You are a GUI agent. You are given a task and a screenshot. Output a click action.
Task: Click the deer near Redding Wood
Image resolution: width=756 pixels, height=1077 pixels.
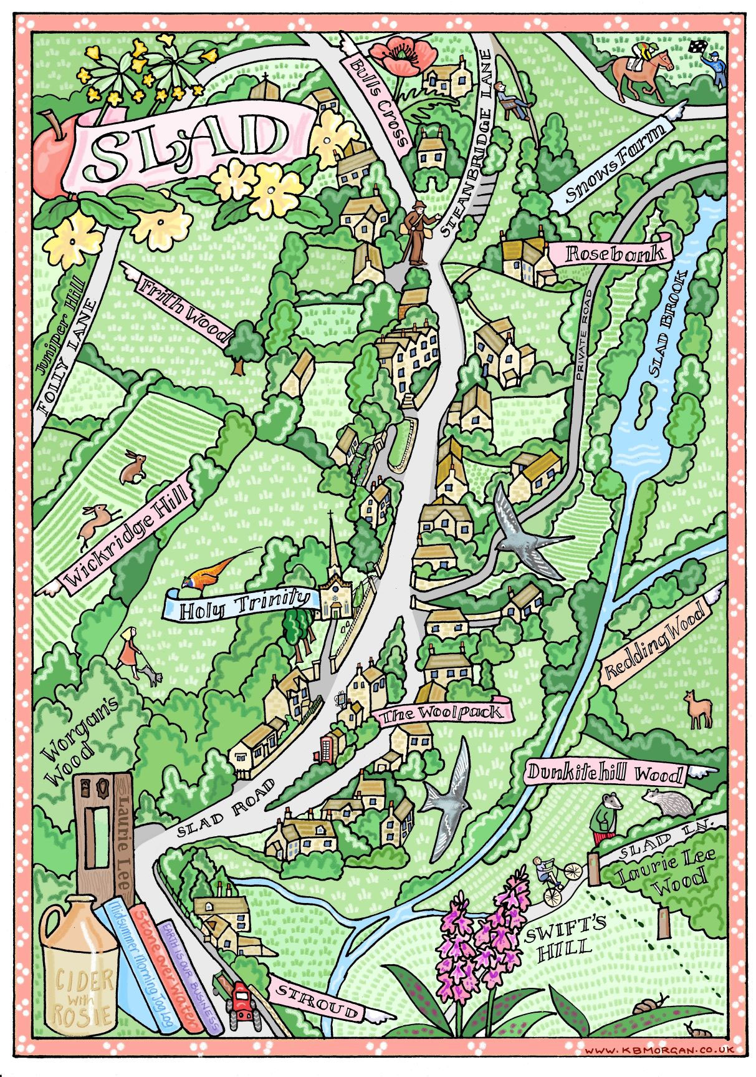click(697, 709)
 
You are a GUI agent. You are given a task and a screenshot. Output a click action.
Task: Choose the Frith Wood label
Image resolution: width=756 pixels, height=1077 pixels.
click(184, 311)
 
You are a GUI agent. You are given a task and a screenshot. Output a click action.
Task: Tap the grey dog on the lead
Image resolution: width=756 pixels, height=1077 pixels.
click(150, 675)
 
